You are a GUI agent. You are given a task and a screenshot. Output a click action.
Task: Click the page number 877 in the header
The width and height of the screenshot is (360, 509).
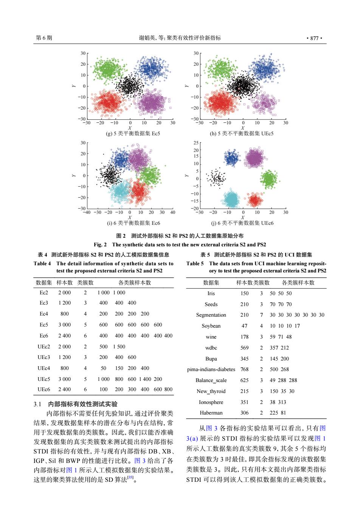314,38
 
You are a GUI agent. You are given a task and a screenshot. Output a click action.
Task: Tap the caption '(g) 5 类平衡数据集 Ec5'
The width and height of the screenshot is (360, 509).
133,133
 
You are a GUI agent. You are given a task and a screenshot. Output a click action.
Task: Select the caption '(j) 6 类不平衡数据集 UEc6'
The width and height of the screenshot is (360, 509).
242,223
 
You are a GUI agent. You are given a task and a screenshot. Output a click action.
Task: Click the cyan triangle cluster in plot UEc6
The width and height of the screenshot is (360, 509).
231,199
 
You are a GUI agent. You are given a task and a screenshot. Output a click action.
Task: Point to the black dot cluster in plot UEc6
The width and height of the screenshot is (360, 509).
216,178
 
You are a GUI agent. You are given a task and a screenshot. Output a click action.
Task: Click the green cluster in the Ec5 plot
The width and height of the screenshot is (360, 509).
108,69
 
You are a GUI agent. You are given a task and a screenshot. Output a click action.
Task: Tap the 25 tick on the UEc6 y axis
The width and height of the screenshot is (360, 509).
196,143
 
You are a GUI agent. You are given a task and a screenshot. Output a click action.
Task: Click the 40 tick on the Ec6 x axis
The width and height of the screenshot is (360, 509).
172,212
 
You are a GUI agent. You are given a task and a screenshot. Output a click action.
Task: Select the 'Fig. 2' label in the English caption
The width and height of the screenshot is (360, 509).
100,244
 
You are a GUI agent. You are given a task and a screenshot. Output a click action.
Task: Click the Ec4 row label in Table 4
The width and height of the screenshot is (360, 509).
43,314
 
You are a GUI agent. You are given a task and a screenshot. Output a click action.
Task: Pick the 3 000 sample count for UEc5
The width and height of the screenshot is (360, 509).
65,379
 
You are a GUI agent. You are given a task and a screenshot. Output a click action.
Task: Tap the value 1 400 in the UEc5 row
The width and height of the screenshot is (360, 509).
145,379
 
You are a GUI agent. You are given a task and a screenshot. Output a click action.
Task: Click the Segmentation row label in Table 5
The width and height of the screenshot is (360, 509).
211,315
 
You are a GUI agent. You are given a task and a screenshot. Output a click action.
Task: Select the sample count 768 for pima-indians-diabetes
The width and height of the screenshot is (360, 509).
244,369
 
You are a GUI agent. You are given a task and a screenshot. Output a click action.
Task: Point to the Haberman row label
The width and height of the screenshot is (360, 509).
211,413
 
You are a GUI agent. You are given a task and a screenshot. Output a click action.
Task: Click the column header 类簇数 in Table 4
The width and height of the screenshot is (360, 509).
85,282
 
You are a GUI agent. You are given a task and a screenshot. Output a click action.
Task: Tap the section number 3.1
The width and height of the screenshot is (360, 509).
37,404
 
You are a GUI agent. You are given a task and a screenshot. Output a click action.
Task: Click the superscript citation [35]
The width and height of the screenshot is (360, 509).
130,477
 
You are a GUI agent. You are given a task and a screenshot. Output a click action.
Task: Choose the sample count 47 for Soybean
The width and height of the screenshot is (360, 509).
244,326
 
